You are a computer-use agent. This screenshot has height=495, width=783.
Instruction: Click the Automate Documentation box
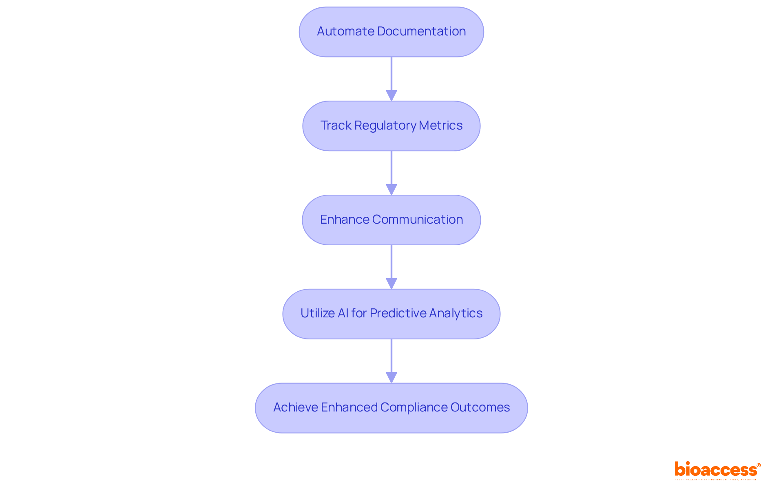(391, 32)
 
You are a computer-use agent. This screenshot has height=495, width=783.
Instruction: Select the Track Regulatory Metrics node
(391, 126)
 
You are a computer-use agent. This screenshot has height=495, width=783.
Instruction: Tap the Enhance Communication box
(391, 220)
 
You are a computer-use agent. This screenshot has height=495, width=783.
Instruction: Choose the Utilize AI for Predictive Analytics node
(391, 314)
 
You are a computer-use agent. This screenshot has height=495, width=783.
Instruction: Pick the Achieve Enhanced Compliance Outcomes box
(391, 408)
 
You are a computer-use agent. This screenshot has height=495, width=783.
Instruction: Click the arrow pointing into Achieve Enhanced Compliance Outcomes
(391, 361)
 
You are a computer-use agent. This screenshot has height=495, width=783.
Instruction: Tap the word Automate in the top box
(345, 31)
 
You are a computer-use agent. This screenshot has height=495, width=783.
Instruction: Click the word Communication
(417, 220)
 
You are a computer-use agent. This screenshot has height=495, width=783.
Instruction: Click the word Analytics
(456, 313)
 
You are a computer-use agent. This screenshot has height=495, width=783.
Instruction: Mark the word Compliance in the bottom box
(414, 407)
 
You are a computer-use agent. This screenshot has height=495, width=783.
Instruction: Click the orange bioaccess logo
(717, 470)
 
